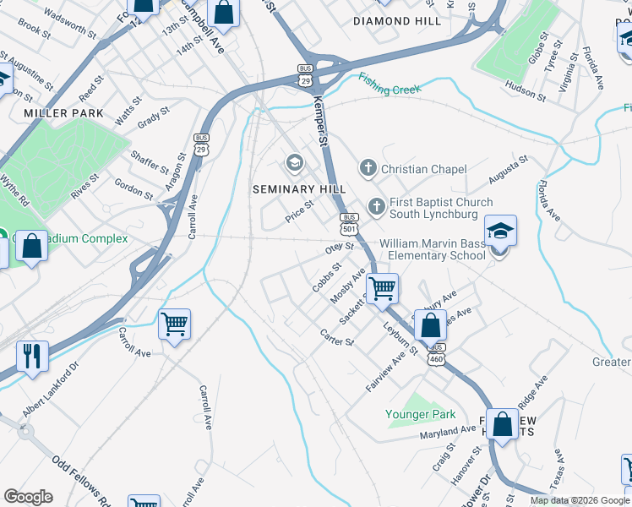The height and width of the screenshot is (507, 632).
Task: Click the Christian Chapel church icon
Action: (368, 169)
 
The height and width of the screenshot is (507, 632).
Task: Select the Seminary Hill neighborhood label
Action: (290, 188)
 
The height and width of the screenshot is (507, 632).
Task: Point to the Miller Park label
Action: (63, 113)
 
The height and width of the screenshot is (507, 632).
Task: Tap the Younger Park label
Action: (421, 414)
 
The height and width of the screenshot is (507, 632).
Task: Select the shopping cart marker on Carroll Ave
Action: (174, 323)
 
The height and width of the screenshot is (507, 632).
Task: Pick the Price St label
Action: (299, 210)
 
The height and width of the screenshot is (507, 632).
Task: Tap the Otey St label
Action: (338, 249)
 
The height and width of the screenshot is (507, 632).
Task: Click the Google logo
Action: (28, 496)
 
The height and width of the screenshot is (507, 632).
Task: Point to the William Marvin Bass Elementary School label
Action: (433, 249)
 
